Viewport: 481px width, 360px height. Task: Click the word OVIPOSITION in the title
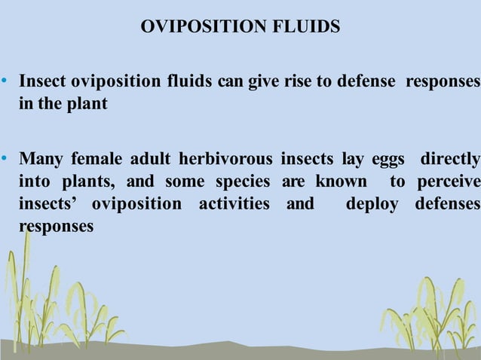[204, 28]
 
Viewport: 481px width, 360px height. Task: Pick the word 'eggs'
[388, 160]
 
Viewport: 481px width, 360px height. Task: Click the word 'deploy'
[372, 205]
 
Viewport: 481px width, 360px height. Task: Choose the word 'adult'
[153, 160]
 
